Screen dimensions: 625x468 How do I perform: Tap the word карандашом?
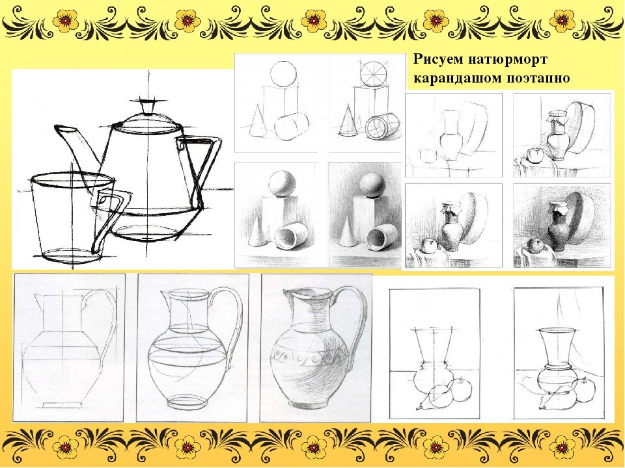tap(456, 77)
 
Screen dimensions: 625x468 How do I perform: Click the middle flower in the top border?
tap(313, 20)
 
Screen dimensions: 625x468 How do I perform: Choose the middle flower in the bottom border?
tap(313, 447)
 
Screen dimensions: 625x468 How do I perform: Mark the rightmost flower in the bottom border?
tap(561, 447)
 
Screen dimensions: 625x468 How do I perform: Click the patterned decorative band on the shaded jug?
tap(307, 357)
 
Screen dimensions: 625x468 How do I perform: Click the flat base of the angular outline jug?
tap(62, 405)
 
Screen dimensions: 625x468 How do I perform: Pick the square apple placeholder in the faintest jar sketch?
tap(426, 155)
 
